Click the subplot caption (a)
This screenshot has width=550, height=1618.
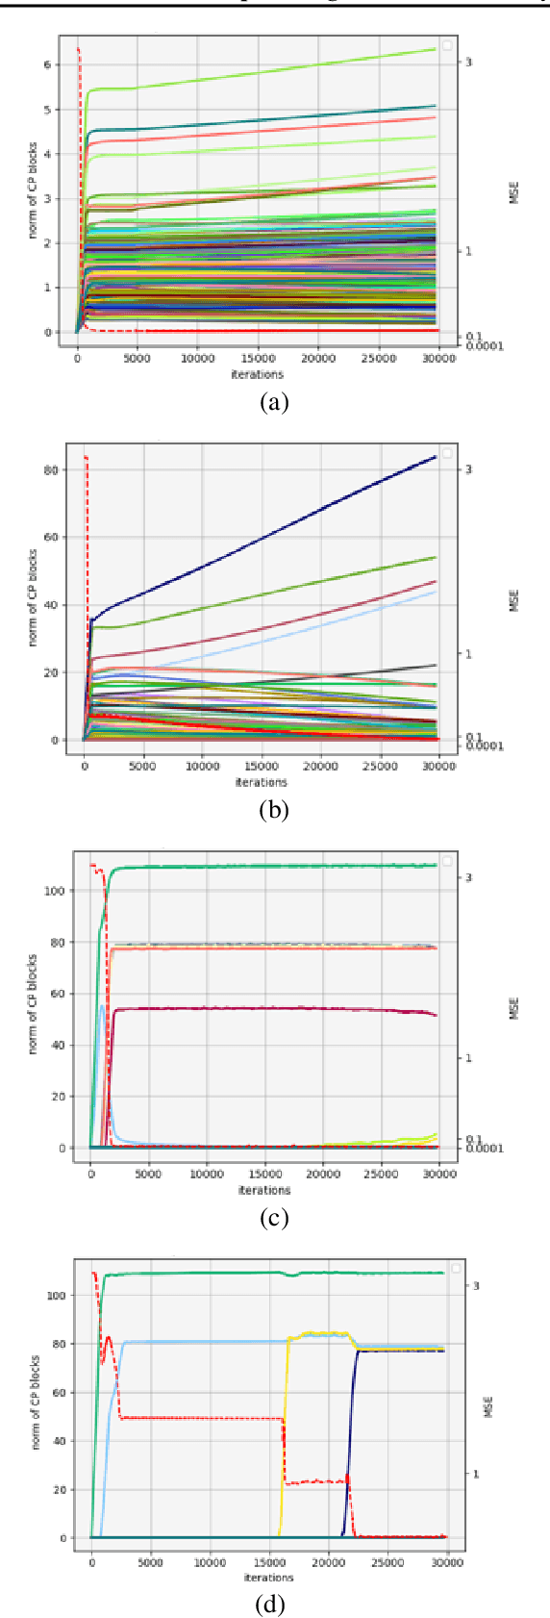pyautogui.click(x=274, y=402)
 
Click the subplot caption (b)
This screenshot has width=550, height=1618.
pyautogui.click(x=274, y=810)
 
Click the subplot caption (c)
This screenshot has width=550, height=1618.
pyautogui.click(x=274, y=1218)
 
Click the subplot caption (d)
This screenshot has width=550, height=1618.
pyautogui.click(x=274, y=1605)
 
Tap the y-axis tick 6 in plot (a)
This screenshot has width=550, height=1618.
pyautogui.click(x=46, y=65)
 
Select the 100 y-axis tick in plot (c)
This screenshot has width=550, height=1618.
pyautogui.click(x=54, y=891)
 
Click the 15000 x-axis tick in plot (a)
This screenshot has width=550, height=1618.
pyautogui.click(x=259, y=360)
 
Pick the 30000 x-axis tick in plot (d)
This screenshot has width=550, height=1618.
pyautogui.click(x=446, y=1563)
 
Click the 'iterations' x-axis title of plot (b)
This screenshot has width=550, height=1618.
pyautogui.click(x=261, y=782)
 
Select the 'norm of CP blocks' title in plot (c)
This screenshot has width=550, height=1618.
pyautogui.click(x=32, y=1004)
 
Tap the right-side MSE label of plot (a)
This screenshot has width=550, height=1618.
pyautogui.click(x=513, y=192)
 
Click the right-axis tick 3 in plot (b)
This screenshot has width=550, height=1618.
pyautogui.click(x=468, y=469)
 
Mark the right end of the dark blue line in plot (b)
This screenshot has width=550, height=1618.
pyautogui.click(x=436, y=457)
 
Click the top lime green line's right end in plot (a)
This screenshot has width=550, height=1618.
pyautogui.click(x=435, y=49)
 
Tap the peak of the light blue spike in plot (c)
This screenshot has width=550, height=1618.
pyautogui.click(x=102, y=1006)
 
